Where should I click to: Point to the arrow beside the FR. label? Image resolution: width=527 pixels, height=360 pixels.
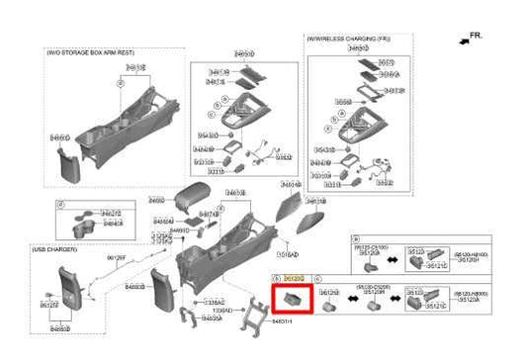[x=464, y=40]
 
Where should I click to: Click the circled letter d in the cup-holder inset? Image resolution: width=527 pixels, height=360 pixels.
[x=60, y=204]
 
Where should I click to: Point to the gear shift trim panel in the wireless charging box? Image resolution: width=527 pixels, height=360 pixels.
[x=356, y=129]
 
